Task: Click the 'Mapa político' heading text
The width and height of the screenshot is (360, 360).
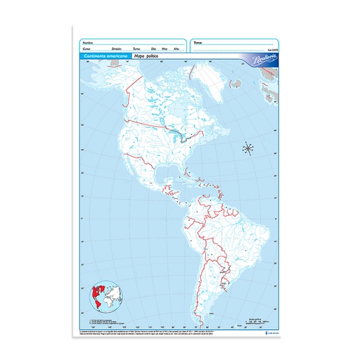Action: [x=150, y=56]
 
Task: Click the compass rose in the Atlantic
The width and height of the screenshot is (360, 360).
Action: [x=247, y=148]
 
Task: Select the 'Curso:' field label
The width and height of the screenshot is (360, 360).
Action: [x=87, y=49]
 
